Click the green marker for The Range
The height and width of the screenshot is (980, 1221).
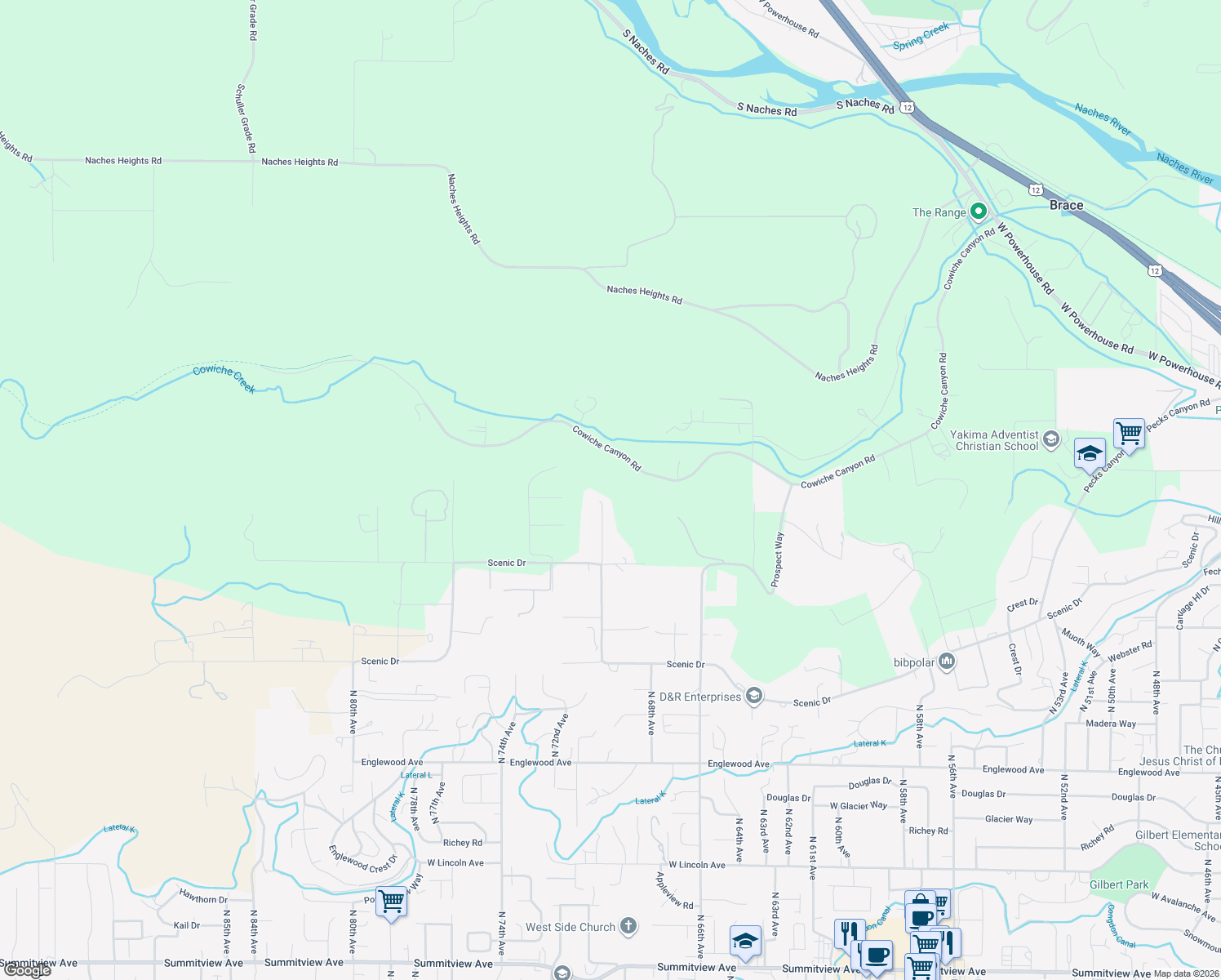click(978, 212)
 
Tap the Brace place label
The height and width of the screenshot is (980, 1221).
click(1066, 205)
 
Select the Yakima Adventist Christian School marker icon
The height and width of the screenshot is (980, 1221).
click(1051, 440)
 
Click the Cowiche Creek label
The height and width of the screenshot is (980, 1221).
click(224, 379)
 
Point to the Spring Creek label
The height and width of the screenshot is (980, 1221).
click(921, 37)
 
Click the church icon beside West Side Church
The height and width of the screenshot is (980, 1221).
click(628, 926)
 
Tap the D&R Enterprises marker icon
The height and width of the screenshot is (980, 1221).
click(754, 696)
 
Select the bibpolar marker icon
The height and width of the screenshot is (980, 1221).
click(947, 661)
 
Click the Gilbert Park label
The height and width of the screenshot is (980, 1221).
click(1118, 884)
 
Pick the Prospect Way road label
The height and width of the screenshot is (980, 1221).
click(779, 559)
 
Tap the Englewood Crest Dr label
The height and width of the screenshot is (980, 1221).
click(362, 858)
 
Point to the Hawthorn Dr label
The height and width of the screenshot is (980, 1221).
click(203, 898)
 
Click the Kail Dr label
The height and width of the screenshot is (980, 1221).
click(187, 925)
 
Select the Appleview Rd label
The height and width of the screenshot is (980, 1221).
click(675, 890)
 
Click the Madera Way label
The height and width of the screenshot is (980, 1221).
click(1111, 724)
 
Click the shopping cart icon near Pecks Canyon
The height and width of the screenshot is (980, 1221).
click(1129, 432)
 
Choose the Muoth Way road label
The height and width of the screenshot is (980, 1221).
click(1081, 644)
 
